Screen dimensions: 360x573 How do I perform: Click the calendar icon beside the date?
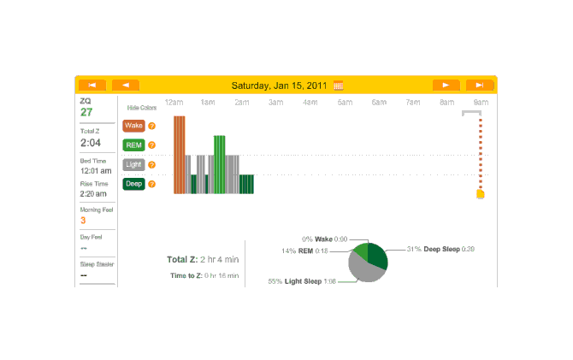(x=339, y=85)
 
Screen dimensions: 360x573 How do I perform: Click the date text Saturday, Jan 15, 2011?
(x=281, y=85)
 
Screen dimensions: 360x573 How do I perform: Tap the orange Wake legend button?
(x=133, y=126)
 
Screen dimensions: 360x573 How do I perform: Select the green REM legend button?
(x=133, y=145)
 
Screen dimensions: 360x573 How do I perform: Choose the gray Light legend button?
(x=133, y=164)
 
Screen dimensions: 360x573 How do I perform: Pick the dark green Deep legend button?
(x=133, y=184)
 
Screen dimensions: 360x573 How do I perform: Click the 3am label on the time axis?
(x=275, y=103)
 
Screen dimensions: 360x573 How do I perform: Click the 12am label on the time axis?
(x=174, y=103)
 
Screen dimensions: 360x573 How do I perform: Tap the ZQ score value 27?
(x=86, y=112)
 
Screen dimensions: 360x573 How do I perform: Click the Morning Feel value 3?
(x=83, y=221)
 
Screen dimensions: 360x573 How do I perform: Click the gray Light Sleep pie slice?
(x=363, y=270)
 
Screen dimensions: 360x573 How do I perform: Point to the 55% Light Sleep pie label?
(x=301, y=280)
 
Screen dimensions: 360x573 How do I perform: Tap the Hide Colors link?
(x=142, y=108)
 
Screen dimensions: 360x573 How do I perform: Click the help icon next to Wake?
(x=151, y=126)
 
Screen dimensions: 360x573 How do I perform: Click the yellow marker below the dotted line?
(x=480, y=194)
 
